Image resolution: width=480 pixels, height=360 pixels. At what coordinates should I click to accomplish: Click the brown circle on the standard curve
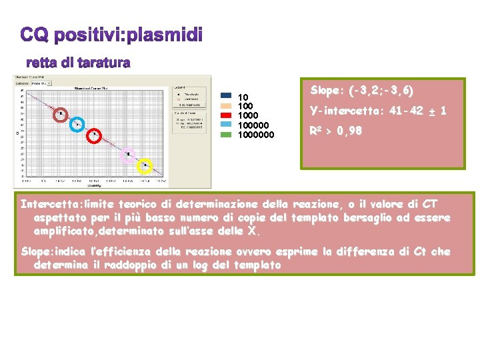tap(60, 114)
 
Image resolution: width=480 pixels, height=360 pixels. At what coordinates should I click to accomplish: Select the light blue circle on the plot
tap(77, 123)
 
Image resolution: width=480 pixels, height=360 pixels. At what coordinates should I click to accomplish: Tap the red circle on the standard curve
tap(94, 135)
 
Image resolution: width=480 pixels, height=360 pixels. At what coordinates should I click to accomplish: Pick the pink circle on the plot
tap(129, 156)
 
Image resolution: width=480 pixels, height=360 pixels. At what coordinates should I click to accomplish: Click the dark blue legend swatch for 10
tap(227, 97)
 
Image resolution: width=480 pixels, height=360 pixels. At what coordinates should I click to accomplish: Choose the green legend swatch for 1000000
tap(227, 134)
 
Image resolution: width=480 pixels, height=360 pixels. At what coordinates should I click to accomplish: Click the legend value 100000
tap(253, 125)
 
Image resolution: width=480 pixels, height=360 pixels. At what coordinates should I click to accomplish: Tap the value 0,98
tap(349, 131)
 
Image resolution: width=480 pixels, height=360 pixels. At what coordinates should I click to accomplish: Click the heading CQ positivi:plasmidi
tap(111, 35)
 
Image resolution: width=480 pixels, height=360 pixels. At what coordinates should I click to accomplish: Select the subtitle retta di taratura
tap(78, 63)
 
